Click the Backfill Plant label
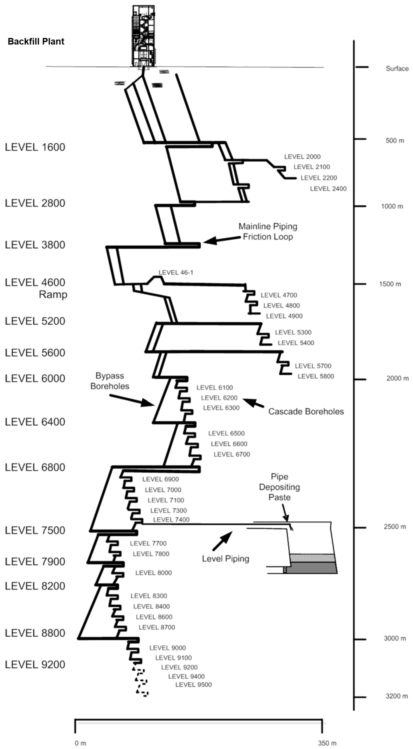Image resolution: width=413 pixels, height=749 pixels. (x=36, y=42)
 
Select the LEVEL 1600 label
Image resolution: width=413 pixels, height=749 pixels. (x=35, y=147)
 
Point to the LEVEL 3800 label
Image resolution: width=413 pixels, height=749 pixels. (x=35, y=245)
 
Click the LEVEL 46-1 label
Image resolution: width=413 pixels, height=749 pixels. (x=175, y=272)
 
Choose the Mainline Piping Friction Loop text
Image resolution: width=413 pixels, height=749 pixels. (x=268, y=231)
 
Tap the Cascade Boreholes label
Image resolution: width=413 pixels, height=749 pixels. (x=306, y=411)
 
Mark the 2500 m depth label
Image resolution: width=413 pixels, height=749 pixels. (x=395, y=527)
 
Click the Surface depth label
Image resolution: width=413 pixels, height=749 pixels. (x=397, y=69)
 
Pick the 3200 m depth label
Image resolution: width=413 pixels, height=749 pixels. (x=396, y=696)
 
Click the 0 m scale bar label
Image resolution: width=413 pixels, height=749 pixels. (x=80, y=743)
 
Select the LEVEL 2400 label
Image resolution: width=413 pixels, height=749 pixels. (x=328, y=189)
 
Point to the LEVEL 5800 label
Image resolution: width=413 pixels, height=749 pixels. (x=316, y=376)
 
